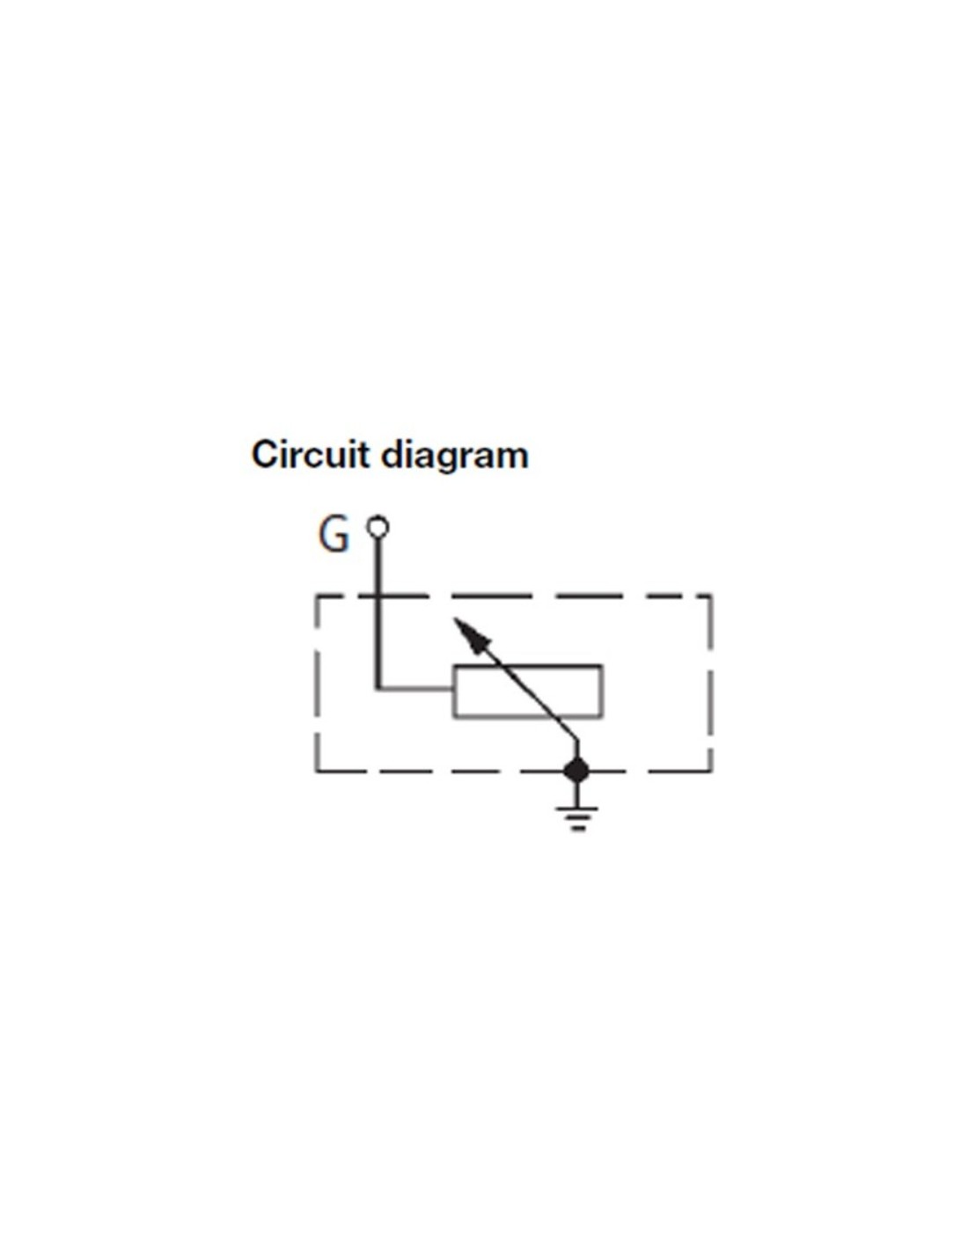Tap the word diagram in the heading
[455, 457]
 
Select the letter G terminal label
[334, 536]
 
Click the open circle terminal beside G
[378, 526]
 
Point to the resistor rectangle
[528, 691]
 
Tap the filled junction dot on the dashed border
[576, 771]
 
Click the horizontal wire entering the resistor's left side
[415, 688]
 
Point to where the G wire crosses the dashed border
[378, 596]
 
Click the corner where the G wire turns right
[378, 688]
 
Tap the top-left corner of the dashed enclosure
[316, 597]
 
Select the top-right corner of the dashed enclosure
[711, 597]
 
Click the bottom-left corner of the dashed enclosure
[316, 771]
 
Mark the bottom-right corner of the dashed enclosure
[711, 771]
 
